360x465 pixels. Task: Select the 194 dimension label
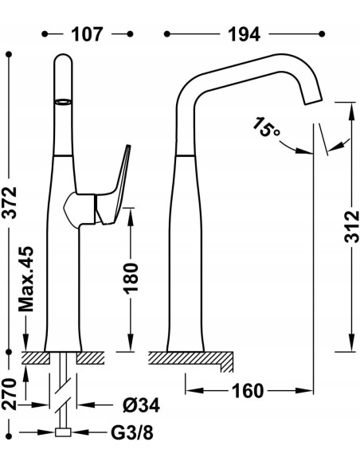pos(244,34)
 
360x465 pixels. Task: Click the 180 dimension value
pos(131,275)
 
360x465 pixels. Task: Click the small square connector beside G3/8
pos(62,434)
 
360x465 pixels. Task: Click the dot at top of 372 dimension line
pos(10,54)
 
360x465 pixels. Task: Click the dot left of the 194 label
pos(166,34)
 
